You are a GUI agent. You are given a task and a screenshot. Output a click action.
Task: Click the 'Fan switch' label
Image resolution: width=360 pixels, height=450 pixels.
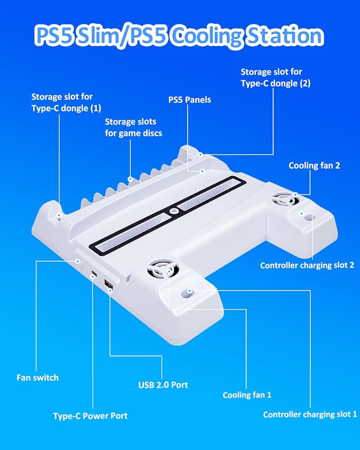37,377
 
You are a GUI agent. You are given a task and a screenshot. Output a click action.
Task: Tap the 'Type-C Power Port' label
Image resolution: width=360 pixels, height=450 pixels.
90,415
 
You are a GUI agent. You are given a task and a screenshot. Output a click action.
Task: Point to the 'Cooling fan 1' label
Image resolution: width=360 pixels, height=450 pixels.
247,395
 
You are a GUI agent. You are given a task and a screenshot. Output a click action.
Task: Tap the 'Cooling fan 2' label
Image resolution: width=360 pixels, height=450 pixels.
314,166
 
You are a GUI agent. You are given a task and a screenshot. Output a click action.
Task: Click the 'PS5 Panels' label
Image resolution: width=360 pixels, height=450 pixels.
189,99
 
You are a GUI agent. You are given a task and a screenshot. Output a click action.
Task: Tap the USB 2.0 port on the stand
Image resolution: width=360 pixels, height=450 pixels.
108,285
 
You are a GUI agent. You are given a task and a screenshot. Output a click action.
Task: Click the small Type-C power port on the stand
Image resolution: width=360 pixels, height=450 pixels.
94,274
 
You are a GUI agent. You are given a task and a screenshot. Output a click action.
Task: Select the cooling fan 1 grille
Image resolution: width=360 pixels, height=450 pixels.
162,272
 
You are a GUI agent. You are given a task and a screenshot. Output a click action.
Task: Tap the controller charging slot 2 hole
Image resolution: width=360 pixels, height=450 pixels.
308,217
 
